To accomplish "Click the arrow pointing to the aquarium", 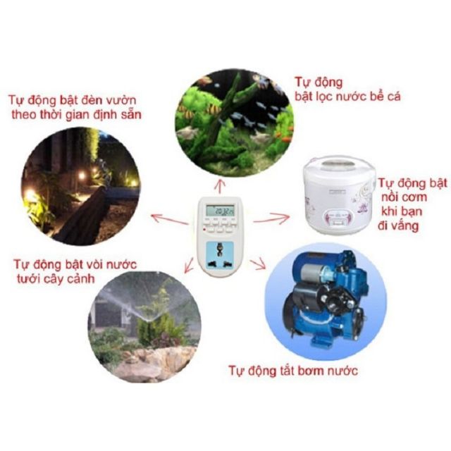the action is click(220, 185).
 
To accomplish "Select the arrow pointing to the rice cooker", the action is click(272, 218).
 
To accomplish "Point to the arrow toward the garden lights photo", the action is click(170, 219).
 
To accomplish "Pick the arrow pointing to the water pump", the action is click(258, 265).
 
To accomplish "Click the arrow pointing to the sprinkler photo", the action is click(189, 265).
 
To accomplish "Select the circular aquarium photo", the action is click(235, 123).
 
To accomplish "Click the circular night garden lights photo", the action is click(80, 186).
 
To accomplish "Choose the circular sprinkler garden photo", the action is click(144, 326).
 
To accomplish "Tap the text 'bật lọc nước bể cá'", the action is click(347, 97).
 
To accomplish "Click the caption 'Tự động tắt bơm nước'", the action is click(293, 371).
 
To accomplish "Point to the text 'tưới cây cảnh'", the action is click(56, 279).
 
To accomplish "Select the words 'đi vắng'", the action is click(398, 226).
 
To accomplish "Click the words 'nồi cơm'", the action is click(404, 197).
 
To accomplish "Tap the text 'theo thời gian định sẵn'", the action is click(77, 115).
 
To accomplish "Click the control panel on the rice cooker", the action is click(339, 218).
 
